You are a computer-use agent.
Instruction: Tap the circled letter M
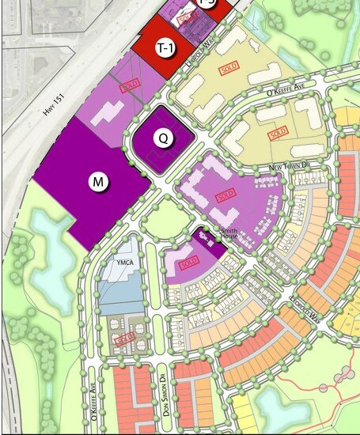98,182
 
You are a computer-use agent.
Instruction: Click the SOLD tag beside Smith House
188,263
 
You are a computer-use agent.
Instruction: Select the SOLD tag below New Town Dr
226,195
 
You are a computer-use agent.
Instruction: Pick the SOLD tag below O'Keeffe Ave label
278,134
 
